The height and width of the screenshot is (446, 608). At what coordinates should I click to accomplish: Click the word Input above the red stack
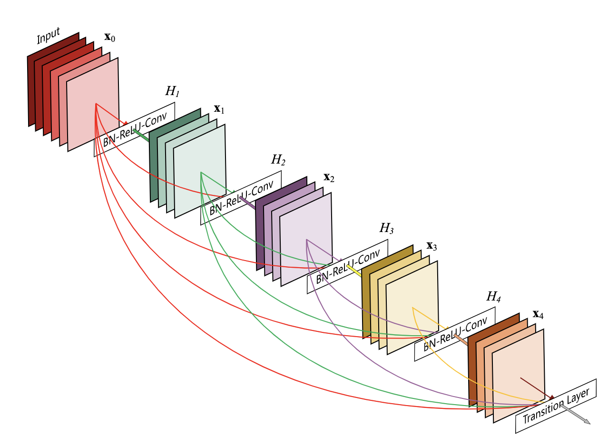tap(49, 36)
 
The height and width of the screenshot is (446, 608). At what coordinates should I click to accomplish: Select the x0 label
tap(109, 38)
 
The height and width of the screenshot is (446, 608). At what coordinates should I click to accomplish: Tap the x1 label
tap(219, 109)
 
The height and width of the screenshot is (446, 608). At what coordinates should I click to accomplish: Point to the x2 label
tap(329, 178)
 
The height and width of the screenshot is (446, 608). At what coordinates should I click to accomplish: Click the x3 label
tap(431, 246)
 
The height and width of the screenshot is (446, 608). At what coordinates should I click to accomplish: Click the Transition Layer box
tap(556, 406)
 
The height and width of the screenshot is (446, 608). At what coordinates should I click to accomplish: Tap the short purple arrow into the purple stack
tap(247, 203)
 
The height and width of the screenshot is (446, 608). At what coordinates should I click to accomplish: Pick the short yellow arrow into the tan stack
tap(354, 271)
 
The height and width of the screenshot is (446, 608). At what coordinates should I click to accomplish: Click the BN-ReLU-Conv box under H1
tap(134, 129)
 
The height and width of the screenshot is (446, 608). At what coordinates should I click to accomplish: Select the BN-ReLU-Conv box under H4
tap(454, 334)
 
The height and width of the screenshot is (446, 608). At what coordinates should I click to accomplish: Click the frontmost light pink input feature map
tap(93, 105)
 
